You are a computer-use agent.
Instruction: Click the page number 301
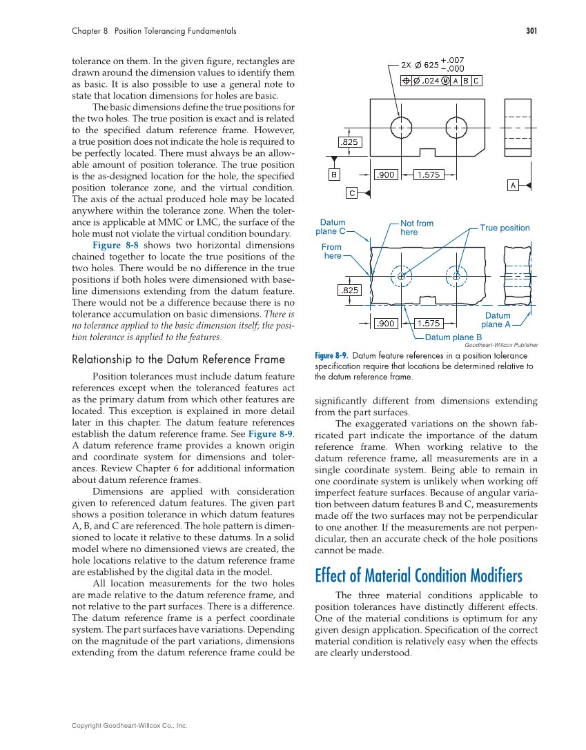(x=531, y=31)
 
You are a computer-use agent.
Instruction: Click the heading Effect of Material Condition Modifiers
(x=418, y=575)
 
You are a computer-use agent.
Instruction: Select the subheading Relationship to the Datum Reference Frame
(x=178, y=359)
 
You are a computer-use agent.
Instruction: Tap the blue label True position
(x=505, y=228)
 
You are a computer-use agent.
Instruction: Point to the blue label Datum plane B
(x=453, y=337)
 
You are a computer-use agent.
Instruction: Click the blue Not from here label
(x=417, y=228)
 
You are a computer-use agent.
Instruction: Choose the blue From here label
(x=332, y=251)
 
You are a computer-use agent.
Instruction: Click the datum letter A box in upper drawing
(x=513, y=185)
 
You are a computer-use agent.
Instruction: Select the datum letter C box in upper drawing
(x=351, y=193)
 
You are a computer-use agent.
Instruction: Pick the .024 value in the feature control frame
(x=431, y=81)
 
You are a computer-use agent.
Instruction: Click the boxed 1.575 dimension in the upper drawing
(x=428, y=175)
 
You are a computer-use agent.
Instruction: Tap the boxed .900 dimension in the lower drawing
(x=385, y=323)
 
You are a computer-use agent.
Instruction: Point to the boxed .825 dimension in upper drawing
(x=350, y=142)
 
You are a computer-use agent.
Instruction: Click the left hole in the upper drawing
(x=401, y=128)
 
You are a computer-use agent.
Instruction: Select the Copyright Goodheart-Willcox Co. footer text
(x=130, y=726)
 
